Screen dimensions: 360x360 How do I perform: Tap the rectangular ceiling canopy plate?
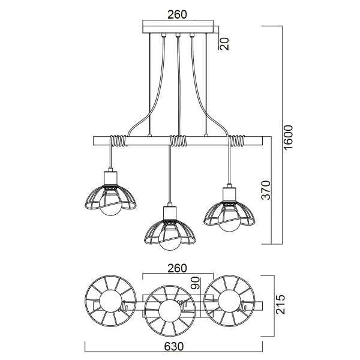click(178, 28)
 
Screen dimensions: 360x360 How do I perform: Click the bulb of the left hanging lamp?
click(110, 208)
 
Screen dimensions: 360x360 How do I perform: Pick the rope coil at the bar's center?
click(178, 142)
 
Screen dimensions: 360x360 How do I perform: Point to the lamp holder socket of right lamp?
click(228, 194)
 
